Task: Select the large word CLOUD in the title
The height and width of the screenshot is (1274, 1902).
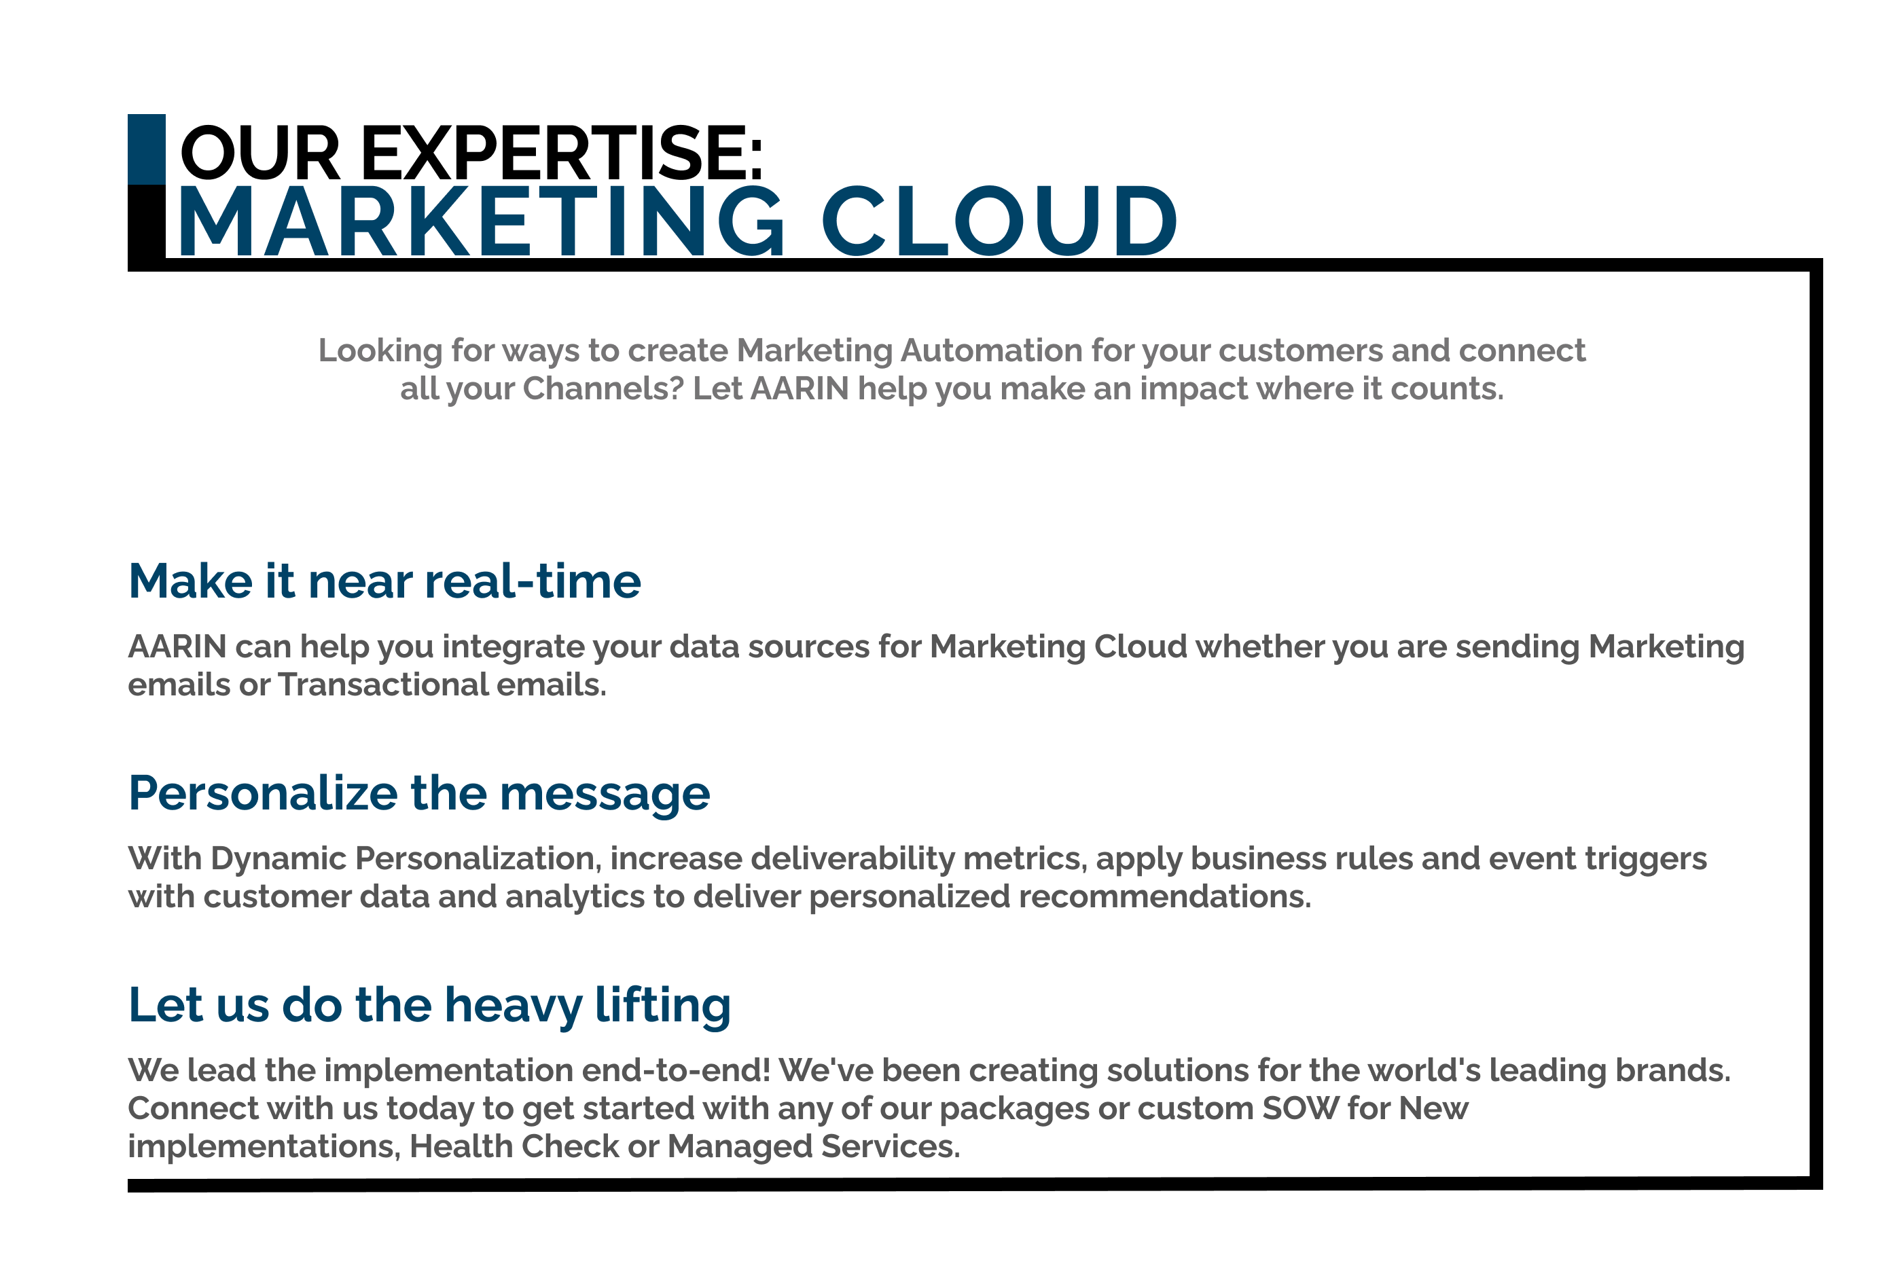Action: point(999,221)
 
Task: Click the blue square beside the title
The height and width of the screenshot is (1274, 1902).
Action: point(146,149)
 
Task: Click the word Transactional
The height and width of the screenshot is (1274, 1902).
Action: point(382,685)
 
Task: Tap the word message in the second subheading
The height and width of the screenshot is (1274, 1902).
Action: point(605,795)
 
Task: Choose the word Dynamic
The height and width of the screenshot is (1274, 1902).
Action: point(279,859)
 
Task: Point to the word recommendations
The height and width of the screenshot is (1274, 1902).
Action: point(1164,897)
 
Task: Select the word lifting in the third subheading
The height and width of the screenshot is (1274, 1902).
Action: point(663,1006)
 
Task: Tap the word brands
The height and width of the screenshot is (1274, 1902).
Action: point(1673,1070)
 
